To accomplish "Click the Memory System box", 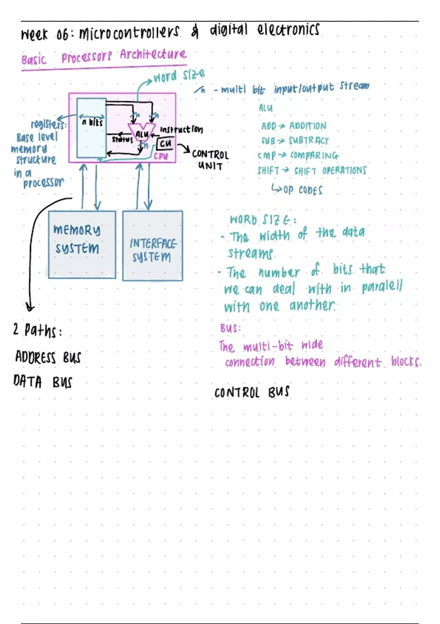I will click(x=82, y=244).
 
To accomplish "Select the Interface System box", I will click(x=153, y=246).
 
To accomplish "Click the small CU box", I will click(x=165, y=144).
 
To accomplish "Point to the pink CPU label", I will click(x=161, y=156).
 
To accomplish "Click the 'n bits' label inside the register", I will click(x=92, y=123).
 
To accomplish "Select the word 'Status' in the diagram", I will click(x=122, y=139).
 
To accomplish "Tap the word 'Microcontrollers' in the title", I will click(x=129, y=33).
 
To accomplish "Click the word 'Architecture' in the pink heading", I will click(x=153, y=55).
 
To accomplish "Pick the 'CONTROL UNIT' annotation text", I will click(x=210, y=160).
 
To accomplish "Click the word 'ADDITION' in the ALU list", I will click(x=308, y=126).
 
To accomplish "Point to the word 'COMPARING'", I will click(x=314, y=156).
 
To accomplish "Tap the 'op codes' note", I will click(x=302, y=190).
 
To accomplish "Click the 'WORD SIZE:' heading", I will click(x=263, y=220).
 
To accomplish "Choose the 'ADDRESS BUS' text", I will click(x=48, y=357).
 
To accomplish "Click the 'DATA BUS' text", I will click(x=43, y=382).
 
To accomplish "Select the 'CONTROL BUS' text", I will click(x=252, y=392).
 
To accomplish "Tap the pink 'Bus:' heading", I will click(x=230, y=328).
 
